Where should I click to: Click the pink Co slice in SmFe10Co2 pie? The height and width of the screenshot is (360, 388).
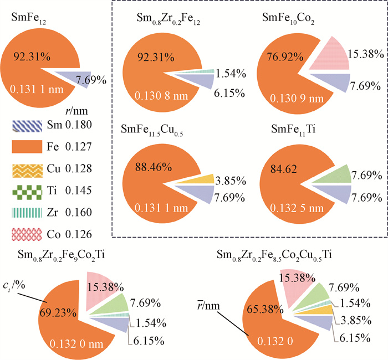[328, 55]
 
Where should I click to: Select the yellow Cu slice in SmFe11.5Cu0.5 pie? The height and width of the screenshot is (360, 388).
[203, 178]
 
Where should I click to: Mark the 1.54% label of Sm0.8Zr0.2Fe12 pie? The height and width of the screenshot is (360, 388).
[230, 73]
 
